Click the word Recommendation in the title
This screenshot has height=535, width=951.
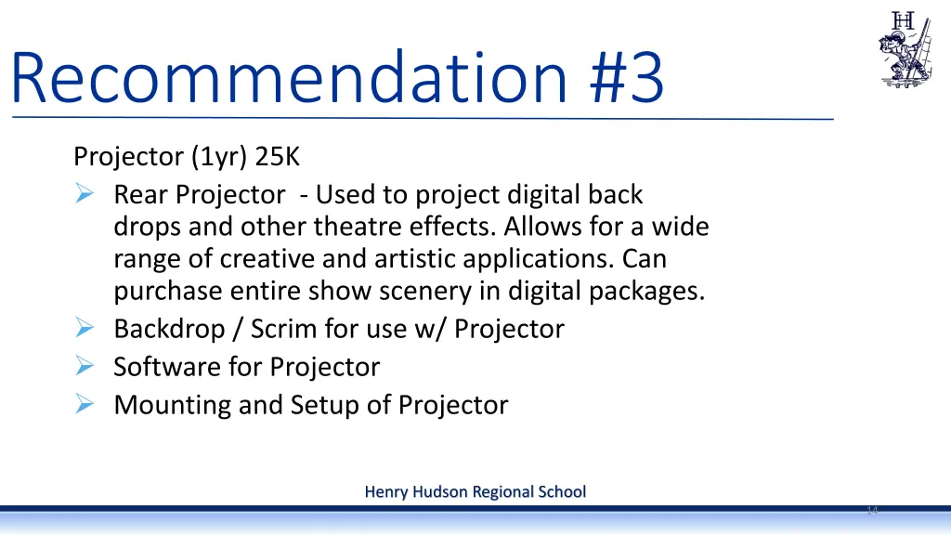(x=288, y=79)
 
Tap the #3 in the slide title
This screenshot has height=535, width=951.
(x=627, y=79)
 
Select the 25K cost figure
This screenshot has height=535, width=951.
(x=278, y=157)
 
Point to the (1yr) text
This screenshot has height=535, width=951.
(x=219, y=157)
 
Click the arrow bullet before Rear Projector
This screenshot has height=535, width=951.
(x=83, y=195)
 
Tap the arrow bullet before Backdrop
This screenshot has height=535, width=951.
(x=83, y=329)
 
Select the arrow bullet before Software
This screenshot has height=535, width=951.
(x=83, y=367)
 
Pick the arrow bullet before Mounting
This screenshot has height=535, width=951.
(x=83, y=405)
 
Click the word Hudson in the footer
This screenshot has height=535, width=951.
(x=439, y=491)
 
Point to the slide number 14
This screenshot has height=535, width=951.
(x=871, y=511)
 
